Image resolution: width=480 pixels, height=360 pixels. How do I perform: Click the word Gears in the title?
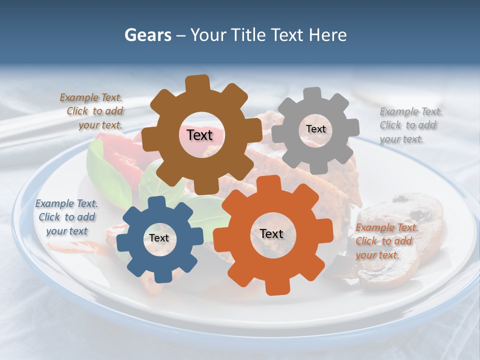(146, 35)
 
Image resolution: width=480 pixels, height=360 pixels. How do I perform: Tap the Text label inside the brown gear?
(199, 135)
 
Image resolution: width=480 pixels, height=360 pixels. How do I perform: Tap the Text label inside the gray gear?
(315, 129)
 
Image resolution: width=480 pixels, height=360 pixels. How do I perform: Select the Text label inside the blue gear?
(159, 238)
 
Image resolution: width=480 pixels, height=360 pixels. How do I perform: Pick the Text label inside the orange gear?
(271, 233)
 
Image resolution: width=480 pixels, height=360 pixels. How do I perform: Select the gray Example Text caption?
(410, 125)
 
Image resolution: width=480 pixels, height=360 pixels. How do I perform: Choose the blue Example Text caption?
(66, 217)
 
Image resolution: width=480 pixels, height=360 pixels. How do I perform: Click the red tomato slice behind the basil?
(120, 150)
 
